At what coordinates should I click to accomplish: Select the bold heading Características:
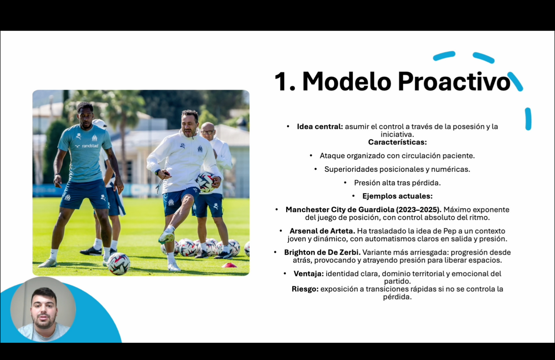coord(397,142)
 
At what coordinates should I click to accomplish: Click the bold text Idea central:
coord(320,127)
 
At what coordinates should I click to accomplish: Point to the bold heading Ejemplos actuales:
coord(397,196)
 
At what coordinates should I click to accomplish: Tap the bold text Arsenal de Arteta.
coord(322,231)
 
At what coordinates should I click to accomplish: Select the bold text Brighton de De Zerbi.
coord(322,253)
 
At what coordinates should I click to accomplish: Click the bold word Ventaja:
coord(308,274)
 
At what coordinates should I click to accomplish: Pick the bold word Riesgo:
coord(305,289)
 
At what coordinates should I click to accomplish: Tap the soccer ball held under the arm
coord(206,182)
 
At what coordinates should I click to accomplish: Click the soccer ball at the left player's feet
coord(118,264)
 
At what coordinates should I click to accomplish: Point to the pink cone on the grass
coord(229,265)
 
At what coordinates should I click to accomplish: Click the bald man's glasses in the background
coord(207,132)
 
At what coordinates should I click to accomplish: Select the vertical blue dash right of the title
coord(528,119)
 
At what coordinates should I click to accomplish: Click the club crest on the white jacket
coord(200,149)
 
